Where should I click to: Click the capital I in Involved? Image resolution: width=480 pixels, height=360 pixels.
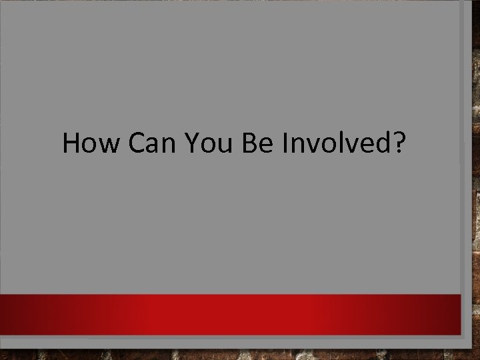pos(286,143)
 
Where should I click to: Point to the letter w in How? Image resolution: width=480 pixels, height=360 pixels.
pos(107,145)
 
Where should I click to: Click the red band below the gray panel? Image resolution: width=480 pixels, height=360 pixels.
pos(240,313)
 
